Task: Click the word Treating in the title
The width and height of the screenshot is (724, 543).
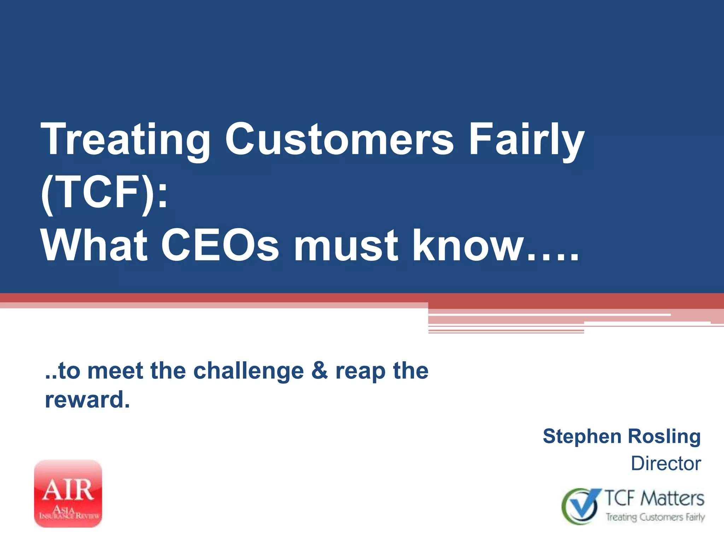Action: pyautogui.click(x=125, y=140)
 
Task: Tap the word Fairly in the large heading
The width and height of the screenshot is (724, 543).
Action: pyautogui.click(x=527, y=140)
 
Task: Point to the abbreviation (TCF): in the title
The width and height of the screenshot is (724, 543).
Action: pyautogui.click(x=104, y=193)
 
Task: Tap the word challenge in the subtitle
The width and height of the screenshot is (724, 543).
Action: pyautogui.click(x=249, y=371)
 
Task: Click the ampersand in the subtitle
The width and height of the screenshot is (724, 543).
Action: pyautogui.click(x=320, y=371)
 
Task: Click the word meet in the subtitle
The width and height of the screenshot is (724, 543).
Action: pyautogui.click(x=115, y=371)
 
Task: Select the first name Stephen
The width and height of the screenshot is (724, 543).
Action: pyautogui.click(x=582, y=437)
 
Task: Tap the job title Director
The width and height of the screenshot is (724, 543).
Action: pyautogui.click(x=666, y=463)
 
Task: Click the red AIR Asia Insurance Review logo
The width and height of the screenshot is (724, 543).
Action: pyautogui.click(x=68, y=494)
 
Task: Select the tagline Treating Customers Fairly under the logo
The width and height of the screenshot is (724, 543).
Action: pyautogui.click(x=655, y=517)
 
